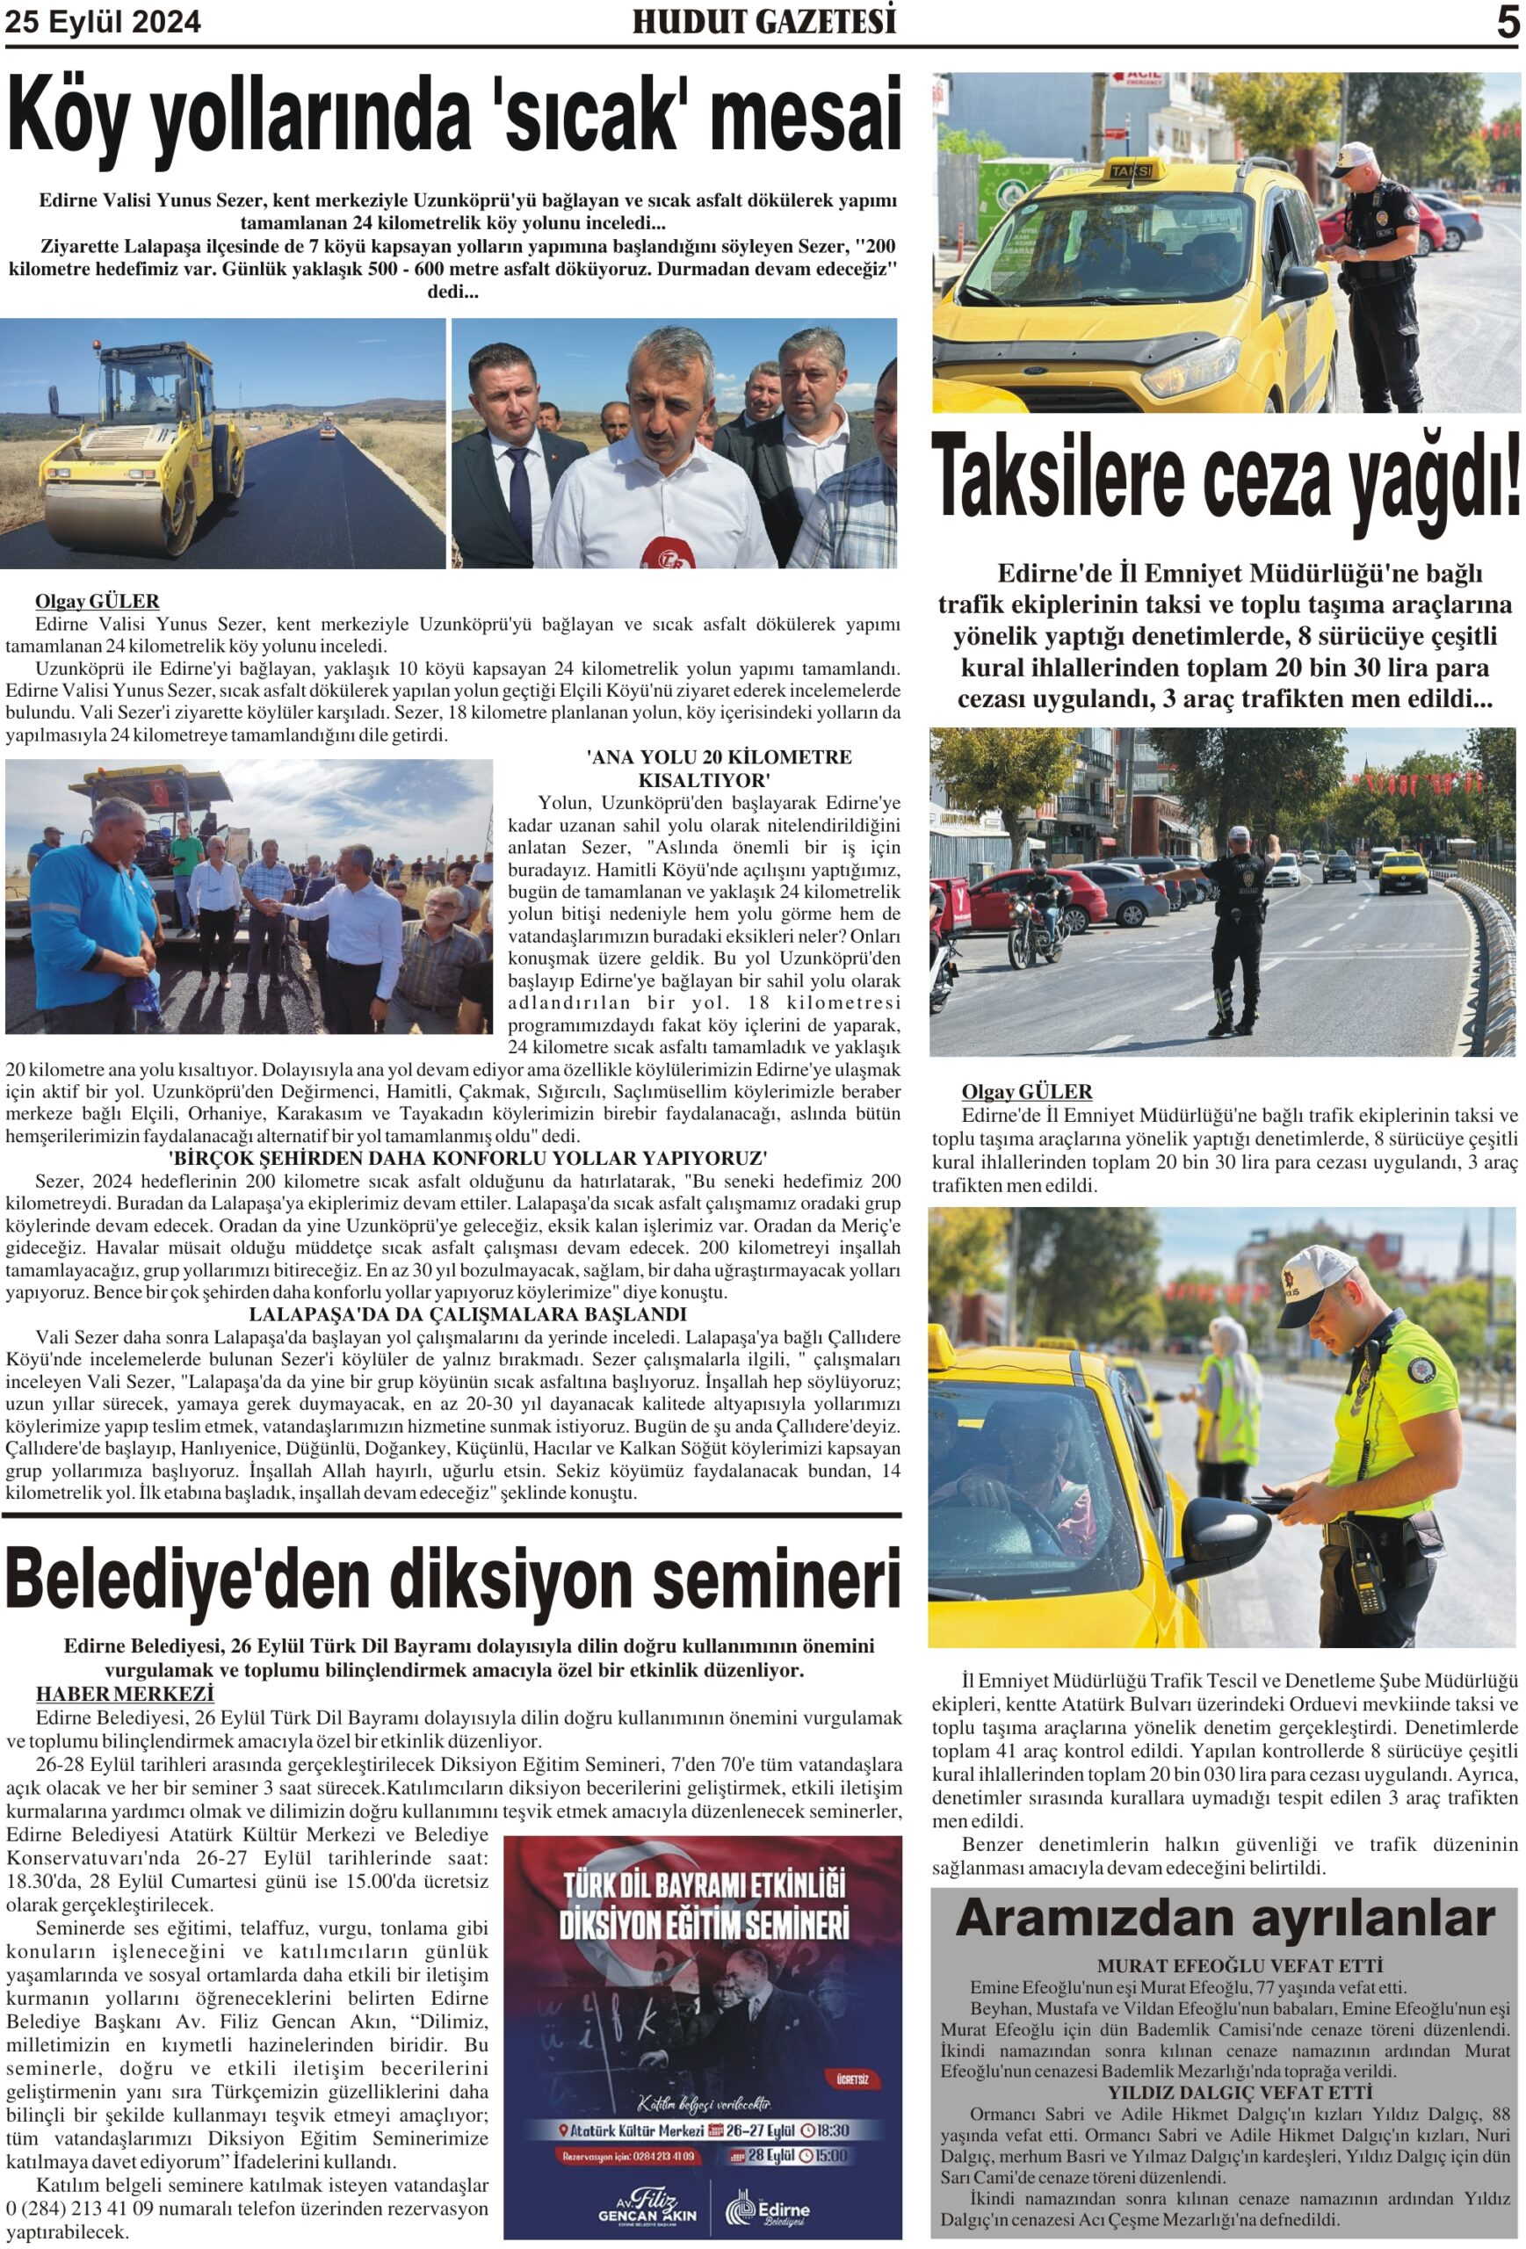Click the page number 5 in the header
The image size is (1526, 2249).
coord(1507,22)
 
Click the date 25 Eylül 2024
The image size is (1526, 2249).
coord(104,22)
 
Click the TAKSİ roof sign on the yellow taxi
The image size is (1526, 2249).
coord(1132,170)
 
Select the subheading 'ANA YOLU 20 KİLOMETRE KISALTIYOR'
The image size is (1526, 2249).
coord(718,768)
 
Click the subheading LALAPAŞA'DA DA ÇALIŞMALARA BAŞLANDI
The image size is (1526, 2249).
coord(467,1314)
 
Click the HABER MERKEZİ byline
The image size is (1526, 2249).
coord(124,1694)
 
